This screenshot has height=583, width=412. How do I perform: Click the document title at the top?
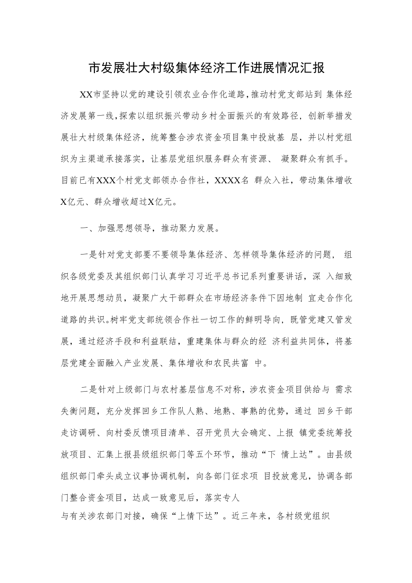pyautogui.click(x=206, y=68)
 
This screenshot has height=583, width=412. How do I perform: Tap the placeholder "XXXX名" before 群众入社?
pyautogui.click(x=228, y=180)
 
